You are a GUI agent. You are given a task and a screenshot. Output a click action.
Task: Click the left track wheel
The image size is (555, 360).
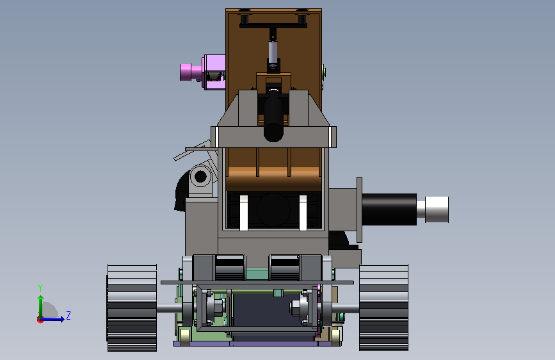coord(132,308)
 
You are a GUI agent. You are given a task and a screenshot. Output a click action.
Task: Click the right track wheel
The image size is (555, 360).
coord(383,308)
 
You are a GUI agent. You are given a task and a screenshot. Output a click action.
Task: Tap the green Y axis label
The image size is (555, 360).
coord(40,288)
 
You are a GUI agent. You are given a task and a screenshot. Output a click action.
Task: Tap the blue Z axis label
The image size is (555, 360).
coord(68,315)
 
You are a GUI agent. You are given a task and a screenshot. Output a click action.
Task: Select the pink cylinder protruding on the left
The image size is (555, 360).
coord(186,72)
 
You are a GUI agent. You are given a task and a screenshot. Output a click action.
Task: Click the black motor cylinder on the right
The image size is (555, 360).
coord(389,209)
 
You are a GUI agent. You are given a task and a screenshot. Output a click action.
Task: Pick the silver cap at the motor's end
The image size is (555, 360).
coord(437,209)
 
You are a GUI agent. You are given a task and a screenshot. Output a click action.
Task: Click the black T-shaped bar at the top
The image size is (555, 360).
coord(273,24)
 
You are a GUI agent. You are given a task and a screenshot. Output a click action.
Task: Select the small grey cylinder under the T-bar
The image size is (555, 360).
coord(273,52)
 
